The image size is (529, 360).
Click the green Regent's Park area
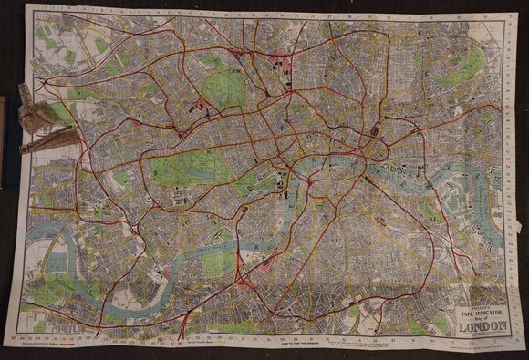point(223,89)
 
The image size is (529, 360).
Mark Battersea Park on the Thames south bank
point(218,264)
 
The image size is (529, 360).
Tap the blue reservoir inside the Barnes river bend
point(57,264)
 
